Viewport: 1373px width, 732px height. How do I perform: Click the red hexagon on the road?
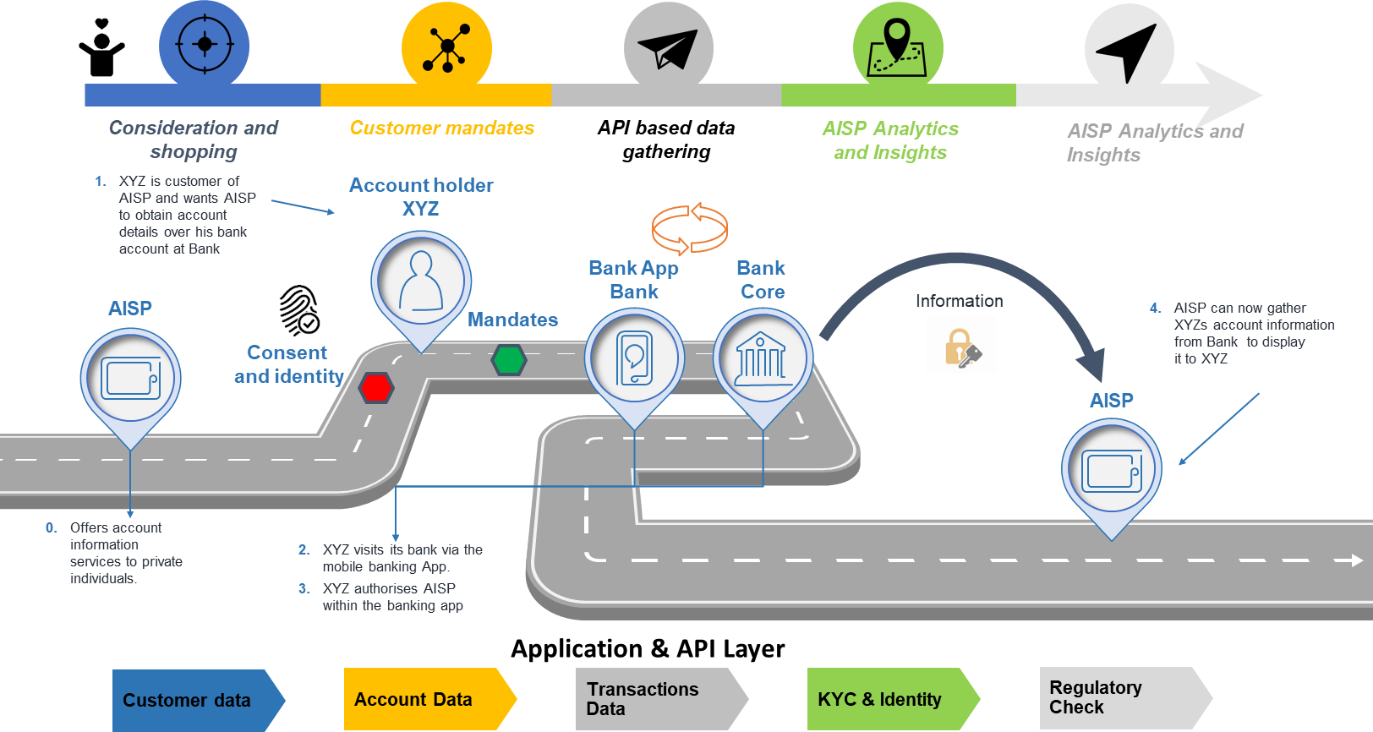375,388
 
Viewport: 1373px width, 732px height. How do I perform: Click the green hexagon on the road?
509,360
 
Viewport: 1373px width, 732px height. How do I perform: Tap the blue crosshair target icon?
204,45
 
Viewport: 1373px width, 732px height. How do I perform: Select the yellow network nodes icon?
446,47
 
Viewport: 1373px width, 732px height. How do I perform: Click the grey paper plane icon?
668,49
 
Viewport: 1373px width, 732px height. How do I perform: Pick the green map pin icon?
897,47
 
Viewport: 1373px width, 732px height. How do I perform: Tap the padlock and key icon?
961,346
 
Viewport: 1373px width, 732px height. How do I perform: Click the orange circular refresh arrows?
690,228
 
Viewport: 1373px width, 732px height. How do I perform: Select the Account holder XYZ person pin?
421,282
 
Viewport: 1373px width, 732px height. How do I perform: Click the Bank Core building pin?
763,358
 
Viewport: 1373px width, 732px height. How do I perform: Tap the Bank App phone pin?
634,358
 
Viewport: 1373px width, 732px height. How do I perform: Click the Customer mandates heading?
442,128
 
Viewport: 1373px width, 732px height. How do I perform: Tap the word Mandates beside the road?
513,320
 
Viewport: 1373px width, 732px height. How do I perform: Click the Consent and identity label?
288,364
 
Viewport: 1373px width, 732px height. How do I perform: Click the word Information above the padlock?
959,301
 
